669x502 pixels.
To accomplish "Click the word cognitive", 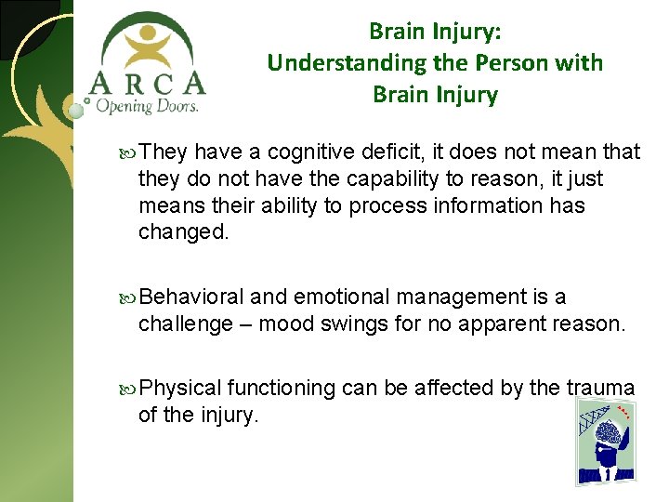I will click(x=306, y=152).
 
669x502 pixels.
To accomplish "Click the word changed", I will click(x=182, y=231).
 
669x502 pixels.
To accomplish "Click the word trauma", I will click(x=600, y=389).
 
